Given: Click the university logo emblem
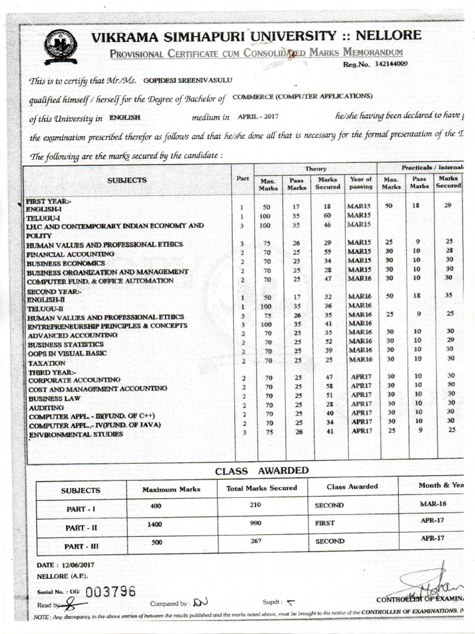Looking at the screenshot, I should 60,46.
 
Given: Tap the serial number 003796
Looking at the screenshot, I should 111,591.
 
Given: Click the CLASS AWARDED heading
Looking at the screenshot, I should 249,471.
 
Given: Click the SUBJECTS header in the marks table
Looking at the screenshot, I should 127,180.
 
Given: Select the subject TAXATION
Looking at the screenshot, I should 46,363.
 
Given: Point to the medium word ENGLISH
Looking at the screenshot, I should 126,116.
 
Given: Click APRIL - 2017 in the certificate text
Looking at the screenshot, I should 254,116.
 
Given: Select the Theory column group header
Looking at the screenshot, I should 315,168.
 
